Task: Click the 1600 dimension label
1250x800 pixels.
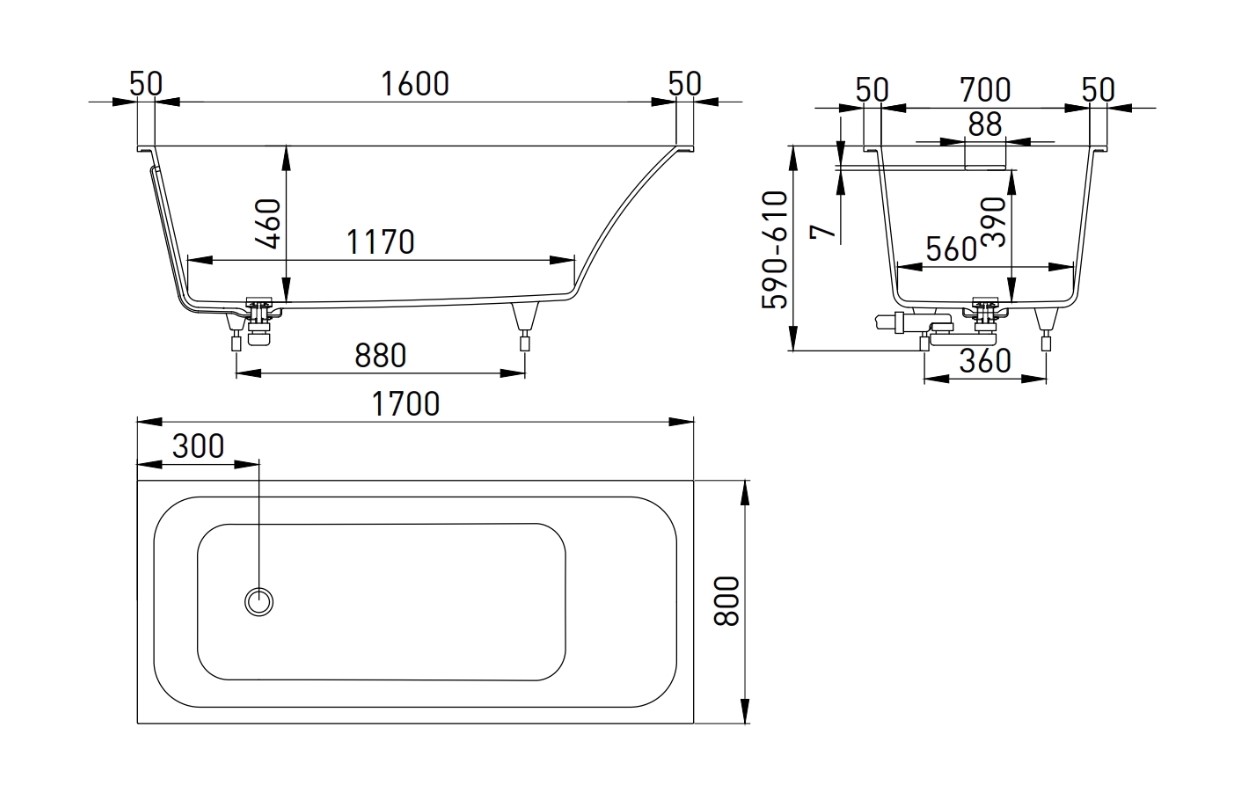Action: (x=415, y=84)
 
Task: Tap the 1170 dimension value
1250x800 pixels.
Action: (x=381, y=243)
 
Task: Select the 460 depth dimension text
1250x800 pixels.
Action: (x=268, y=223)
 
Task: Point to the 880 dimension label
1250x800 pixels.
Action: (x=381, y=356)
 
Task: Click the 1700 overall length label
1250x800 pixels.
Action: (x=406, y=404)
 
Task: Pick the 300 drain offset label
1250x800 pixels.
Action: (x=198, y=446)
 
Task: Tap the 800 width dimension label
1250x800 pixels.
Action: (x=727, y=601)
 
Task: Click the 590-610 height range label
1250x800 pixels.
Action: (x=775, y=249)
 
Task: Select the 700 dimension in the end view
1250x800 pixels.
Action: (x=985, y=90)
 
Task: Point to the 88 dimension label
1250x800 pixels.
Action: (x=985, y=124)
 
